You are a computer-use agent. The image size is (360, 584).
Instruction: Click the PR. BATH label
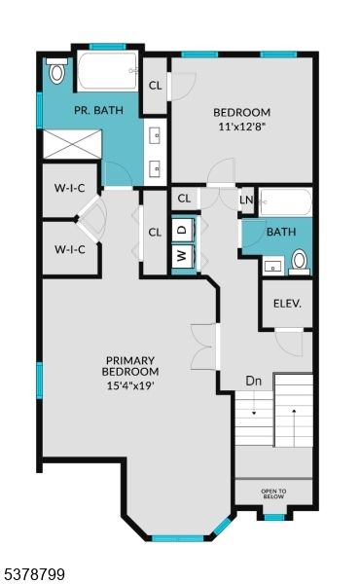click(x=99, y=110)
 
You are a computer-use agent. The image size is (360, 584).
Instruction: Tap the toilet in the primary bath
click(x=56, y=71)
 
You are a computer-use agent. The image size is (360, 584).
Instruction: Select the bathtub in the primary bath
click(x=107, y=71)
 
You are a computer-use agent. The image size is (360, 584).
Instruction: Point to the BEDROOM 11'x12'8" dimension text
click(x=242, y=126)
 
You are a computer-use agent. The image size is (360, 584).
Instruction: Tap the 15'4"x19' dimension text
click(x=131, y=383)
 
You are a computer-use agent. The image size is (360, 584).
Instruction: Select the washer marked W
click(x=181, y=256)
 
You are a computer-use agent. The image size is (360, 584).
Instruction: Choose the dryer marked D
click(x=181, y=230)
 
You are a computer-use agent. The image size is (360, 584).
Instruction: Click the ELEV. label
click(x=287, y=303)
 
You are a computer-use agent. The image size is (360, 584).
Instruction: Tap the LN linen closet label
click(x=246, y=200)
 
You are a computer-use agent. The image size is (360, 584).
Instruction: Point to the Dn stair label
click(x=253, y=381)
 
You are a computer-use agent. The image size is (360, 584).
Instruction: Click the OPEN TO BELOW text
click(x=274, y=493)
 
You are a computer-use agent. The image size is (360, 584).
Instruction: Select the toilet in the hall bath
click(x=300, y=259)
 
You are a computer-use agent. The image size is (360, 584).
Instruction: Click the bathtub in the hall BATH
click(x=285, y=202)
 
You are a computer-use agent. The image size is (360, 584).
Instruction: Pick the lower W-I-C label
click(x=69, y=249)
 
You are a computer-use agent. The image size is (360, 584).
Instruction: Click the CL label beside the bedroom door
click(x=155, y=85)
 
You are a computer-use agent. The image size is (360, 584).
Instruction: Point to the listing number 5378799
click(x=34, y=574)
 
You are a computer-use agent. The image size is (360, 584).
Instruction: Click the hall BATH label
click(x=281, y=232)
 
